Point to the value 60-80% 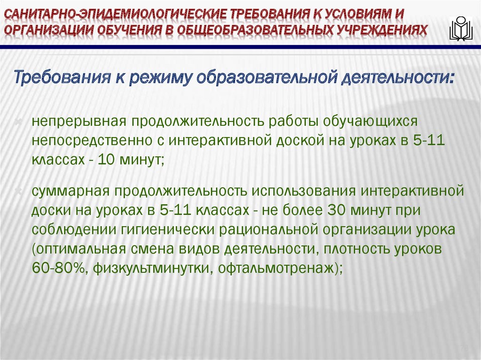point(58,268)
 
